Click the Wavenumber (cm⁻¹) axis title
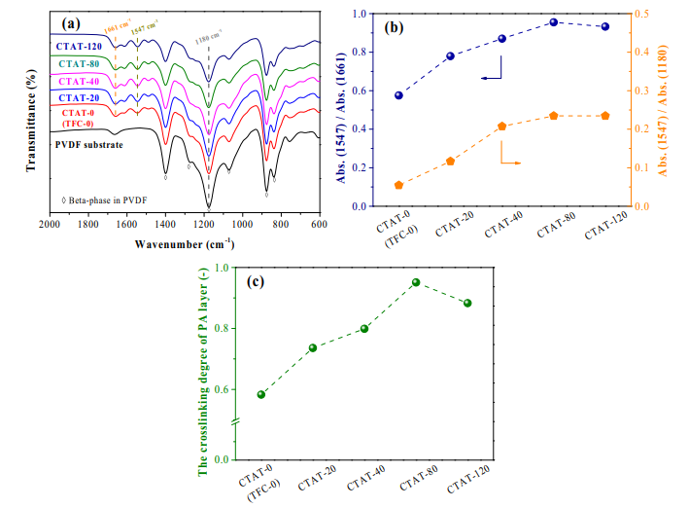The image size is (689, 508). click(x=182, y=243)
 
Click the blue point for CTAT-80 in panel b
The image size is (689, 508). click(x=553, y=21)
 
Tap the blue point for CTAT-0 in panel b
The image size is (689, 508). click(x=398, y=95)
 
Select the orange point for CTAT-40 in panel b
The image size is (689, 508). click(x=501, y=127)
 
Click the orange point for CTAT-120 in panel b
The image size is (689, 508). click(x=604, y=116)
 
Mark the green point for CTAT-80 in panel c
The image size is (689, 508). click(x=415, y=282)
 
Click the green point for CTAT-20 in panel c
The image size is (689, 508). click(x=313, y=347)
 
